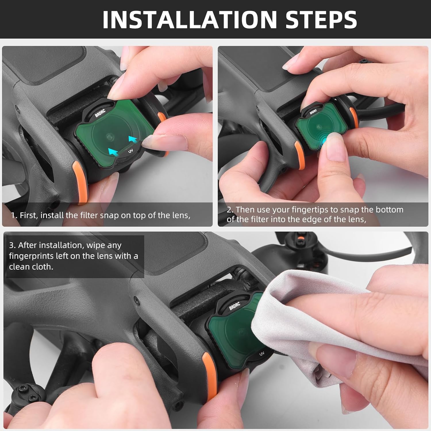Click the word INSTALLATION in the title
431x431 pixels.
tap(189, 20)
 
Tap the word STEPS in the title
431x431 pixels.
tap(321, 20)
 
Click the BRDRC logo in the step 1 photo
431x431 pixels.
tap(100, 113)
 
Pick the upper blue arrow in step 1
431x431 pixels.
tap(133, 140)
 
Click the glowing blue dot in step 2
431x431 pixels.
tap(325, 140)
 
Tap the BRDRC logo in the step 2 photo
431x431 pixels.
tap(313, 111)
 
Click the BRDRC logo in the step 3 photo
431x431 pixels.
tap(235, 306)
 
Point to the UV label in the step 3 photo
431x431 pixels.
tap(262, 354)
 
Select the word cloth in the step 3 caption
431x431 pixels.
tap(43, 267)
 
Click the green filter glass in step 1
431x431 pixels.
tap(115, 129)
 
